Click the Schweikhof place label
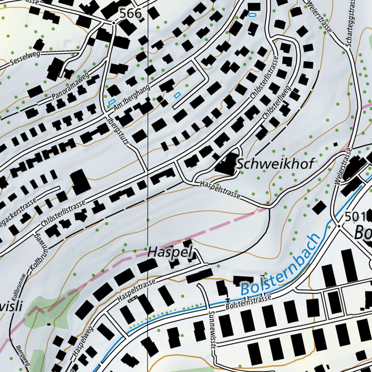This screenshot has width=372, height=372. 275,164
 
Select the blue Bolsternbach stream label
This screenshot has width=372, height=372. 282,266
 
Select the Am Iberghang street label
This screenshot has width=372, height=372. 132,100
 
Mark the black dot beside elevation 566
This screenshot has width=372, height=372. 113,23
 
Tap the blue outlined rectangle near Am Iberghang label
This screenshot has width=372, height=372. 112,102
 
